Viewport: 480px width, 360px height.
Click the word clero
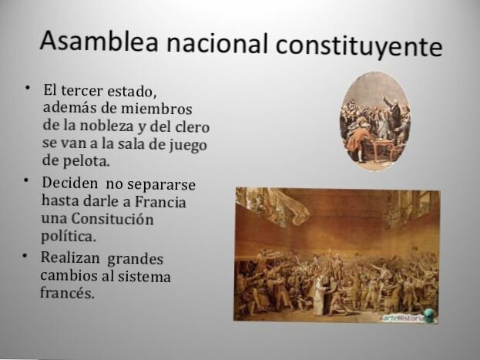click(x=193, y=126)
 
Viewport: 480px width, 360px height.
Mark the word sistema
click(x=145, y=276)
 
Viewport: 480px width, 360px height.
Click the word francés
click(x=67, y=294)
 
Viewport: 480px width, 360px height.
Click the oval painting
click(x=375, y=117)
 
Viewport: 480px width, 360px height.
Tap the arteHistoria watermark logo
click(x=409, y=315)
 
